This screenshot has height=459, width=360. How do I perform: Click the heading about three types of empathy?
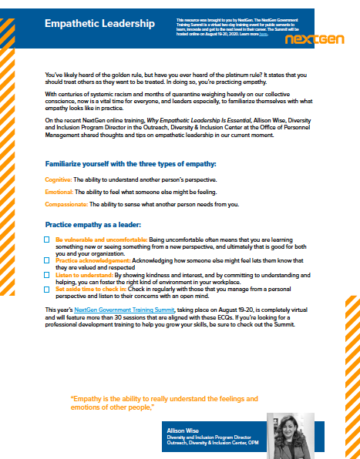tap(130, 164)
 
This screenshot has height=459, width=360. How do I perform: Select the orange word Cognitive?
tap(58, 179)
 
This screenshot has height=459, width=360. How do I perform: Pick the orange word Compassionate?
tap(66, 204)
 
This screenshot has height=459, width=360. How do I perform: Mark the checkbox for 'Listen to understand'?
tap(48, 274)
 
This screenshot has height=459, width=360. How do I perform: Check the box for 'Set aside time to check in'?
tap(48, 288)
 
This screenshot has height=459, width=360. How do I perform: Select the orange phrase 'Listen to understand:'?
tap(84, 274)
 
